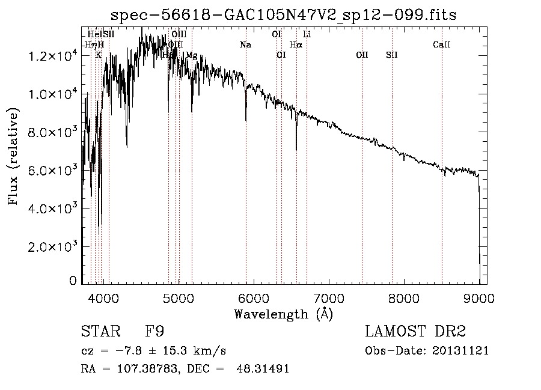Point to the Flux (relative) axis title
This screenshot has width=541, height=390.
pos(13,156)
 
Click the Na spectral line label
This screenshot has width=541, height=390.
pos(245,45)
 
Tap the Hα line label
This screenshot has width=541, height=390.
pos(296,45)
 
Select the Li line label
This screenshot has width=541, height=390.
pos(307,34)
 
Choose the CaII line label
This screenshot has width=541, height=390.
pos(442,45)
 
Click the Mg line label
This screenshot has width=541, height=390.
pos(191,55)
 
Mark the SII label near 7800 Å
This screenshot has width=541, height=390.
pos(392,55)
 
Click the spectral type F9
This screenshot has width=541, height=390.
pos(154,332)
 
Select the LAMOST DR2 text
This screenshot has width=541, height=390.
pos(415,332)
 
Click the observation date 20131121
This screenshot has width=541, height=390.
pos(463,350)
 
